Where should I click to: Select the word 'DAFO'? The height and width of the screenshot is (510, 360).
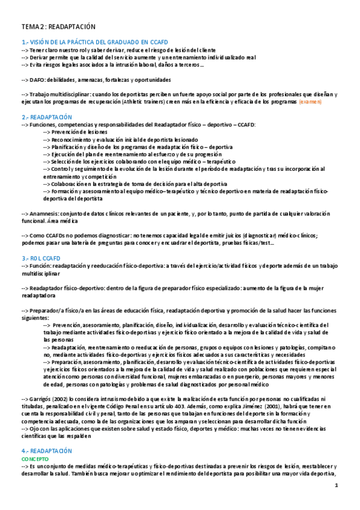point(38,79)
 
